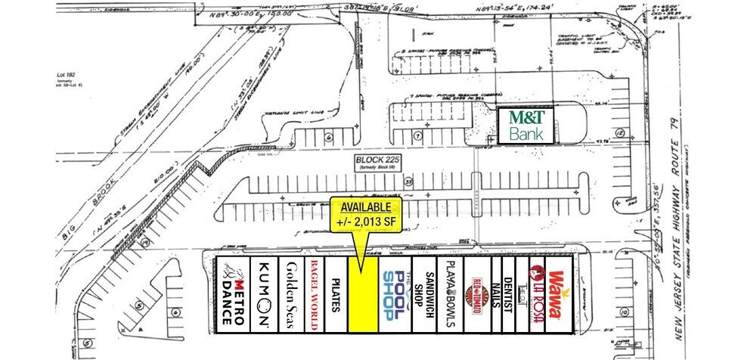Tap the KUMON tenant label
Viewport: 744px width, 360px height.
point(264,293)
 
